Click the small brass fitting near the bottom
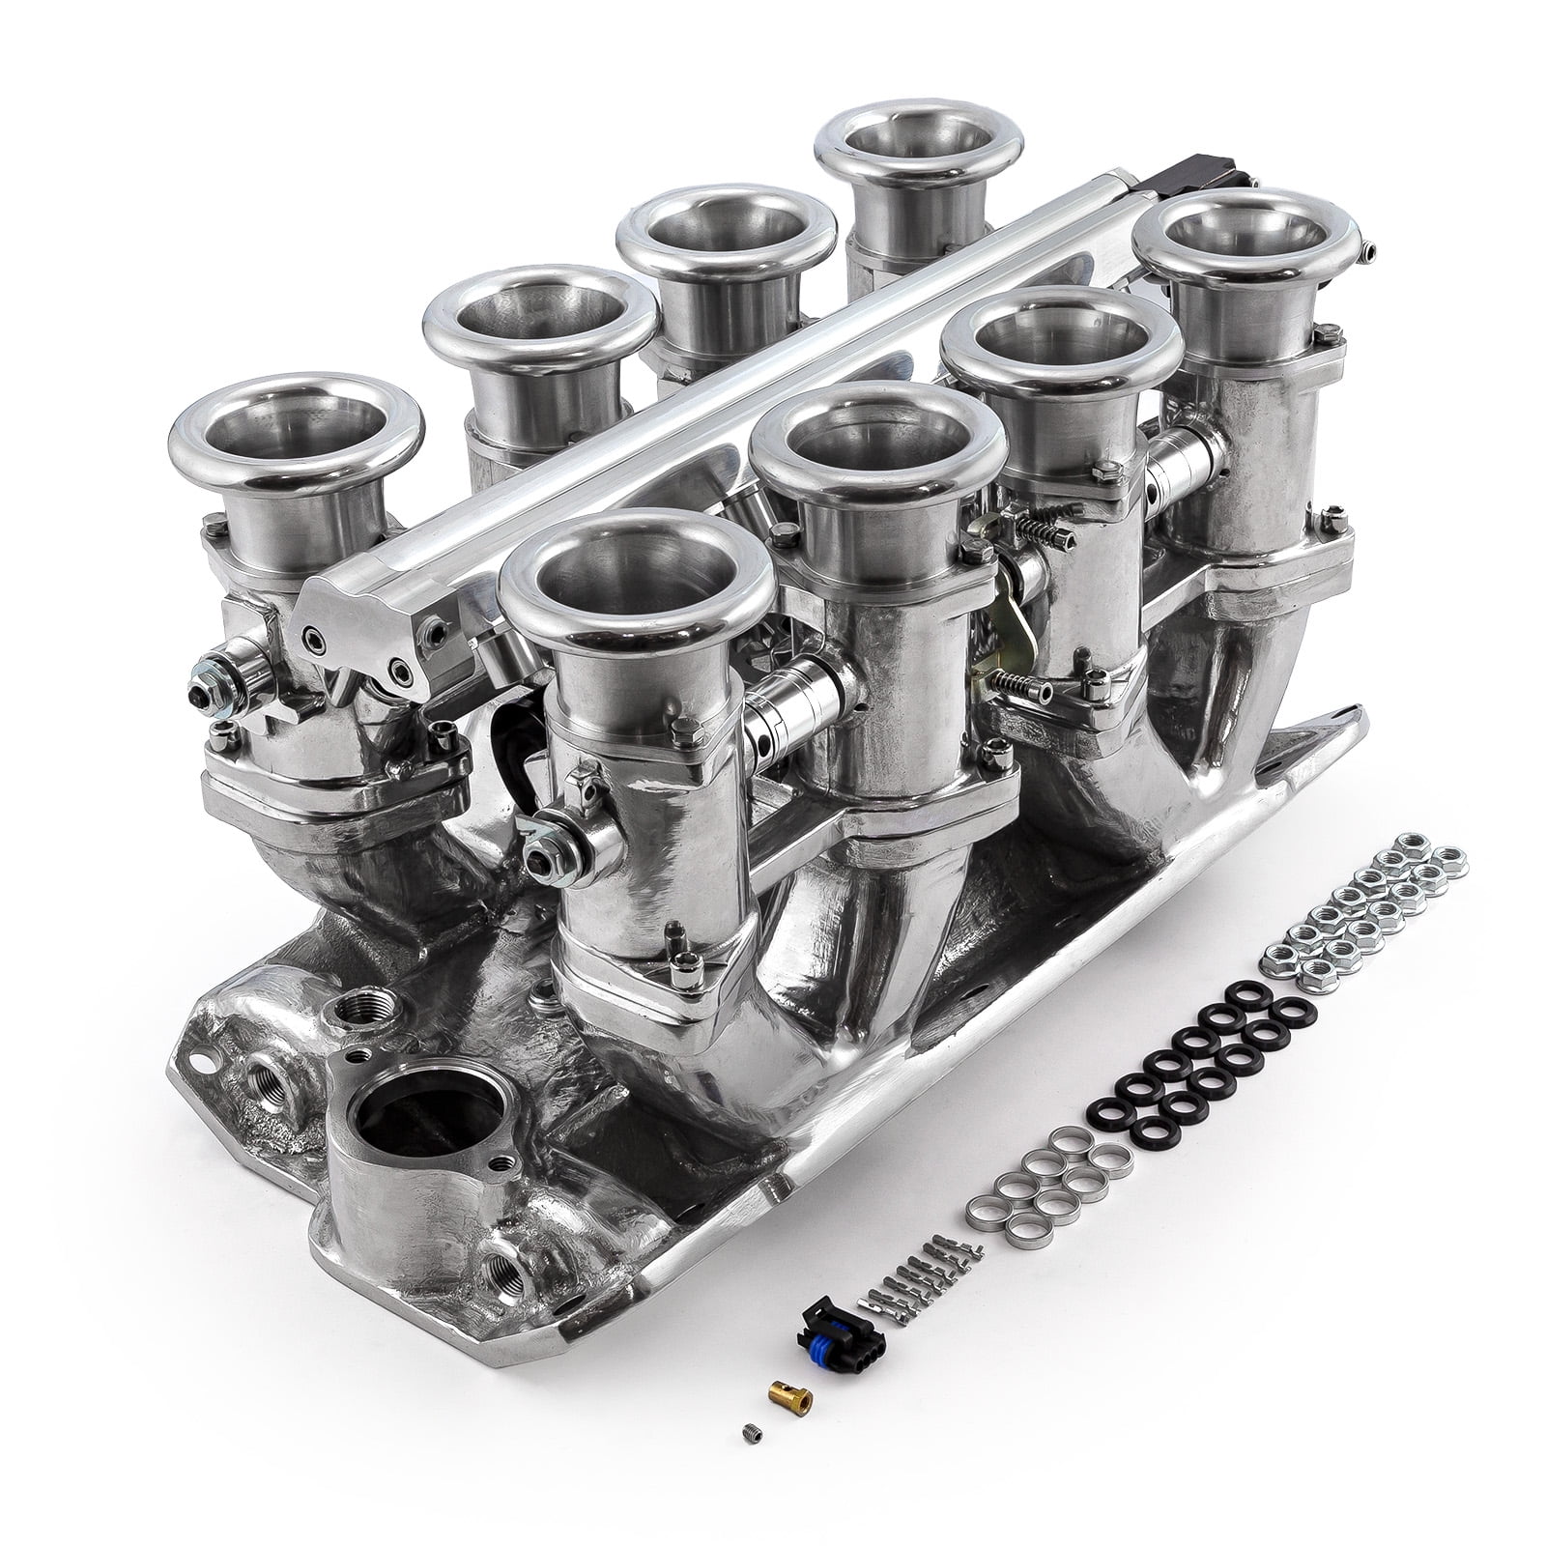[790, 1396]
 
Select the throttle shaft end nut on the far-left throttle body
[205, 694]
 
